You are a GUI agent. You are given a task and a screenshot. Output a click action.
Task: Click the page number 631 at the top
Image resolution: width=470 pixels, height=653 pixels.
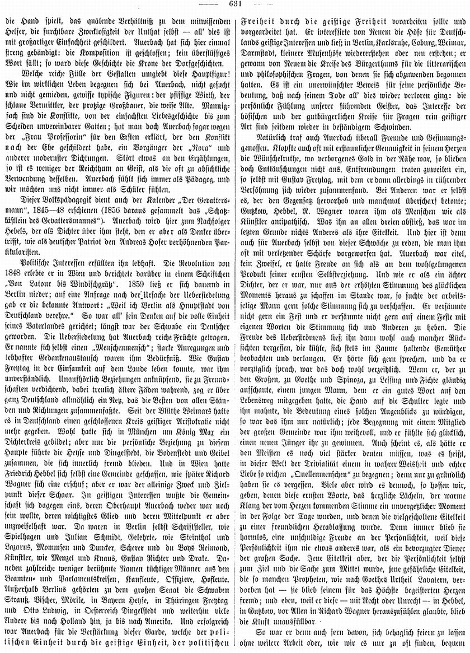pos(234,4)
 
